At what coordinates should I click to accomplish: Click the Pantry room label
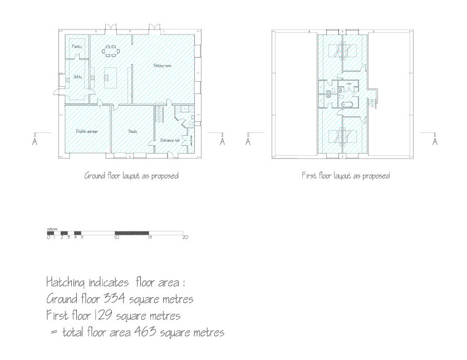click(77, 47)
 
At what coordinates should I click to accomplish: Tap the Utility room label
click(77, 77)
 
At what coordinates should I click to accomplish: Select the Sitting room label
click(163, 66)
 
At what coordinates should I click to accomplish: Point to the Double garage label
click(87, 131)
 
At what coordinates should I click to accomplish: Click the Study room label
click(132, 131)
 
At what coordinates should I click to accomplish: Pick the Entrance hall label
click(169, 140)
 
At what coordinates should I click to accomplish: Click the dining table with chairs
click(110, 51)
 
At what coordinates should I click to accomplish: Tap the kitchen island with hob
click(107, 77)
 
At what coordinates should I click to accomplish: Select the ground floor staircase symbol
click(160, 114)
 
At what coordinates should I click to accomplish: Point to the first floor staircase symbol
click(374, 102)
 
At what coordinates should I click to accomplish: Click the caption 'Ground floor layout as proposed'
click(131, 176)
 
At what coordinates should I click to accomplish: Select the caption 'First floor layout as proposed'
click(345, 176)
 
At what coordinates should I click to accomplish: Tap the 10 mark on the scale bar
click(116, 238)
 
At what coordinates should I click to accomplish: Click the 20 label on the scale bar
click(185, 238)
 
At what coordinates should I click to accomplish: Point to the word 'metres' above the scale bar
click(53, 229)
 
